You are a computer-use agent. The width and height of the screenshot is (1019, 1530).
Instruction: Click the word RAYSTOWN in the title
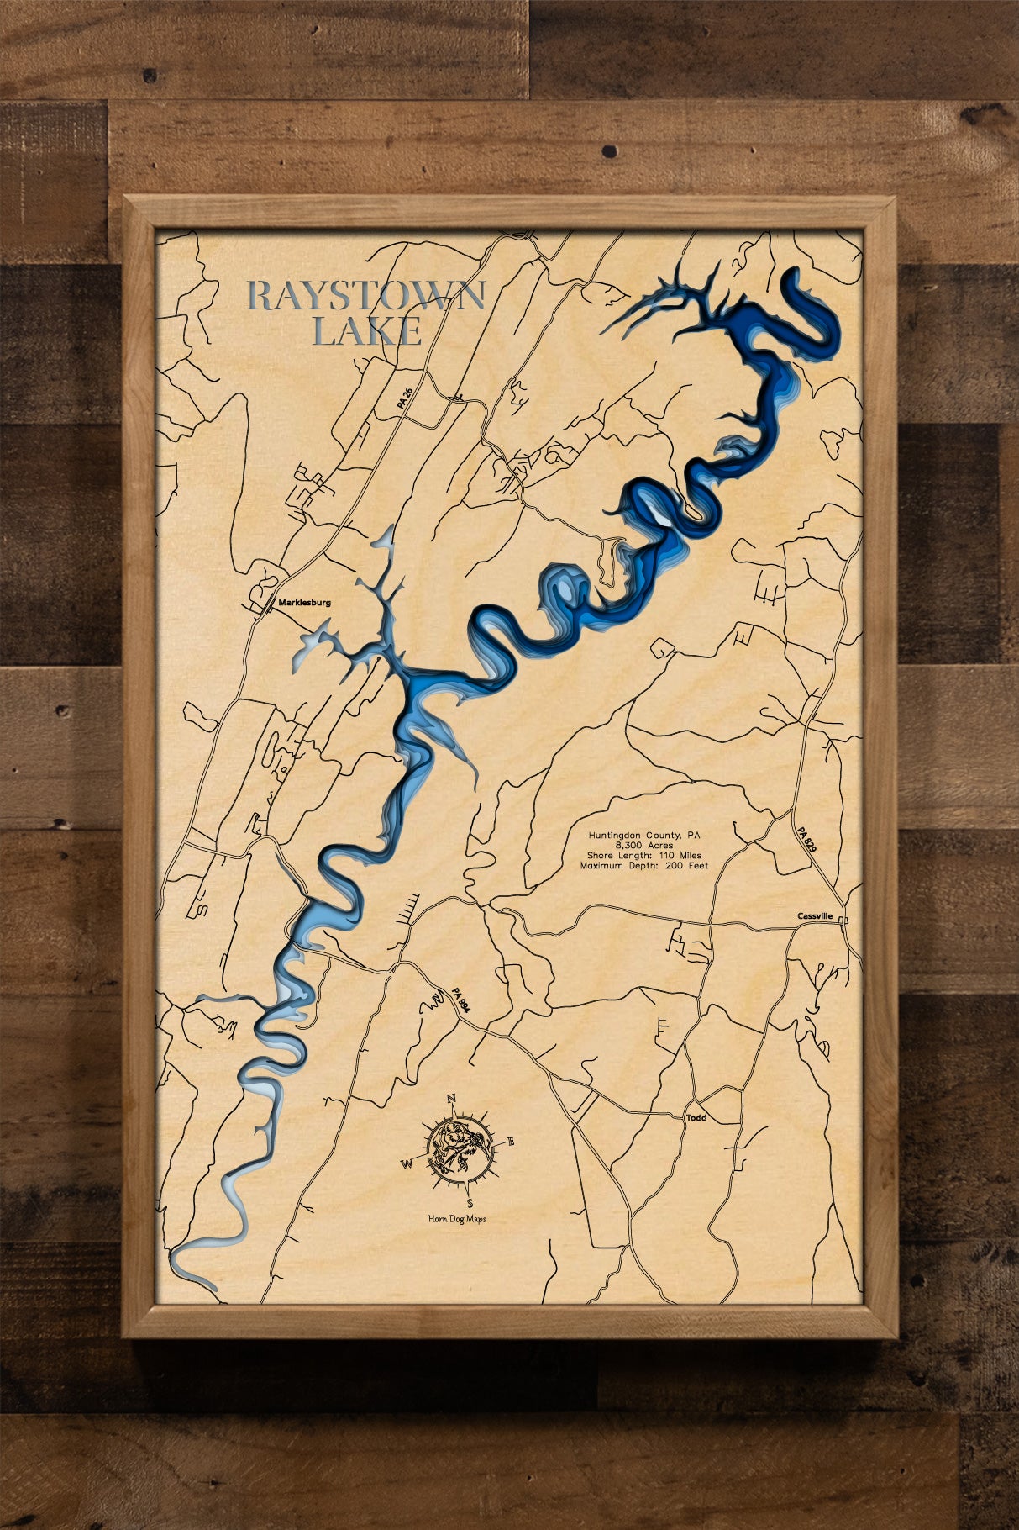click(x=366, y=297)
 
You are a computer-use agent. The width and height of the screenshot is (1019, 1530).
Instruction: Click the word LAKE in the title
click(x=366, y=332)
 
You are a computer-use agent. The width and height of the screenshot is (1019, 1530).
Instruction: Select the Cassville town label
click(x=817, y=917)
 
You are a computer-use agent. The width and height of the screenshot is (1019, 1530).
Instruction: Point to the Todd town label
click(x=696, y=1118)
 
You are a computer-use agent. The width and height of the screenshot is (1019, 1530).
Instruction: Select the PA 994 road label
click(x=458, y=999)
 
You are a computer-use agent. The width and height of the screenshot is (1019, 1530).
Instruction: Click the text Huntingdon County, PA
click(x=645, y=836)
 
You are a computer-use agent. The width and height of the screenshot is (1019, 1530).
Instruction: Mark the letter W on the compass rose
click(x=406, y=1163)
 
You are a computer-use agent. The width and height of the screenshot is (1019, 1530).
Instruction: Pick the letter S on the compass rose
click(x=470, y=1202)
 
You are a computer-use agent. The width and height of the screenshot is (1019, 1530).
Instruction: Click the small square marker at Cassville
click(x=844, y=921)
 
